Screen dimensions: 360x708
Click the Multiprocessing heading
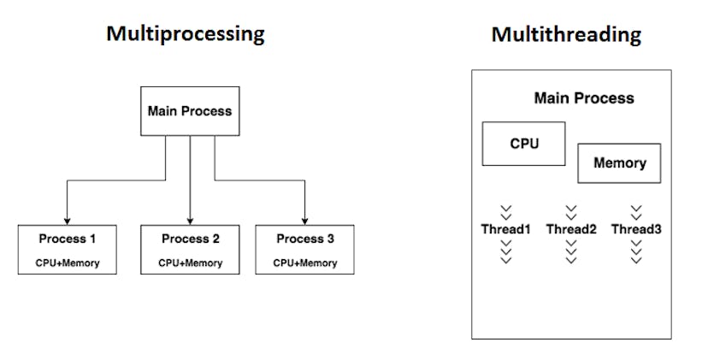pyautogui.click(x=185, y=34)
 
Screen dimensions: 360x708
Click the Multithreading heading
pyautogui.click(x=566, y=34)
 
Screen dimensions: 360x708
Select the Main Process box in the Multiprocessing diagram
pyautogui.click(x=189, y=110)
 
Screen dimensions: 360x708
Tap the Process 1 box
pyautogui.click(x=67, y=249)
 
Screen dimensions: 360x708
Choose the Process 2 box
pyautogui.click(x=190, y=249)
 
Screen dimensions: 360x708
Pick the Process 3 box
pyautogui.click(x=305, y=249)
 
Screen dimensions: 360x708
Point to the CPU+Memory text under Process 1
pyautogui.click(x=67, y=263)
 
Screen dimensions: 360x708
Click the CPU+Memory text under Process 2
pyautogui.click(x=190, y=263)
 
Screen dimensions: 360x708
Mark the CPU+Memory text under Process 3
pyautogui.click(x=305, y=263)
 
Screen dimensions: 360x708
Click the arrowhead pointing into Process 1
pyautogui.click(x=67, y=220)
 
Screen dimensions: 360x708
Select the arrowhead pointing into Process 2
pyautogui.click(x=190, y=220)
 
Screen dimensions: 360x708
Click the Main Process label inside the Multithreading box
pyautogui.click(x=584, y=97)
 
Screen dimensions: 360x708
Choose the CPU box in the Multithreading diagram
pyautogui.click(x=524, y=144)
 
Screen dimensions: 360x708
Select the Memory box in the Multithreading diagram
pyautogui.click(x=620, y=162)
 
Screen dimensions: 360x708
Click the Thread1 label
pyautogui.click(x=506, y=229)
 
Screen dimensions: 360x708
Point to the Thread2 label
pyautogui.click(x=571, y=229)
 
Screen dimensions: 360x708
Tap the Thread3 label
pyautogui.click(x=636, y=229)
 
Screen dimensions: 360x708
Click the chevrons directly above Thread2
pyautogui.click(x=571, y=211)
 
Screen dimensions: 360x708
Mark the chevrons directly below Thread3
pyautogui.click(x=636, y=251)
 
